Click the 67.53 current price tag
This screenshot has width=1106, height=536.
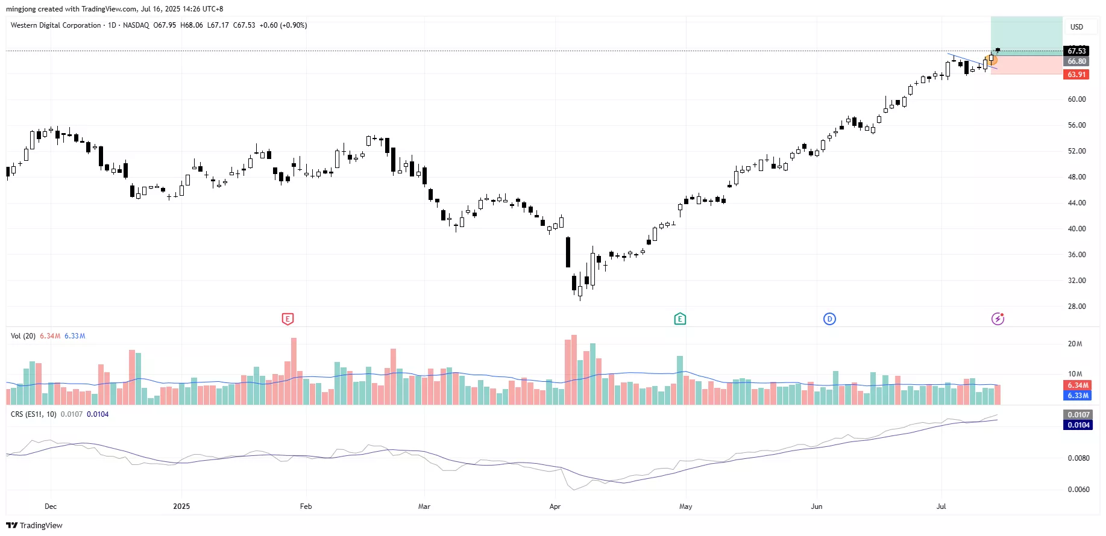tap(1076, 51)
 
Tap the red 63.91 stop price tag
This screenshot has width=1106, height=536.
tap(1076, 75)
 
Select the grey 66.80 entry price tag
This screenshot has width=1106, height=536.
tap(1076, 61)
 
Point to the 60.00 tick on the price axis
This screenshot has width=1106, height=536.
tap(1076, 99)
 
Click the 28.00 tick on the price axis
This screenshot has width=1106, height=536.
tap(1076, 307)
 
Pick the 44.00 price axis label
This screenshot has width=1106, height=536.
tap(1076, 203)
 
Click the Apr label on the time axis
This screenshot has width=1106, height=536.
tap(555, 506)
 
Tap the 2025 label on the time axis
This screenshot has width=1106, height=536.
tap(181, 506)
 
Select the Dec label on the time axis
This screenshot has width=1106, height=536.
tap(51, 506)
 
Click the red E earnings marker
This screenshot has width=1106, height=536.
tap(287, 319)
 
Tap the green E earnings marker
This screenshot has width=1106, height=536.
tap(680, 319)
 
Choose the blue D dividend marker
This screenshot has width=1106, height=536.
tap(829, 319)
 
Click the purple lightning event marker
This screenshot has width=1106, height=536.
tap(998, 319)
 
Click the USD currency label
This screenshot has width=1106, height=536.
tap(1076, 27)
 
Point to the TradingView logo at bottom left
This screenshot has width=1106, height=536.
tap(34, 525)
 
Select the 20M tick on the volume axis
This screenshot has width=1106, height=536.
tap(1075, 344)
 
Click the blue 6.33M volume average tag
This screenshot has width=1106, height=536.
tap(1078, 396)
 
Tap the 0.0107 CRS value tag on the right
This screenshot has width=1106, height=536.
tap(1078, 415)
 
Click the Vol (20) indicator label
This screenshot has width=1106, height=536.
tap(23, 336)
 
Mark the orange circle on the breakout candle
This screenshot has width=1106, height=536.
tap(992, 60)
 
